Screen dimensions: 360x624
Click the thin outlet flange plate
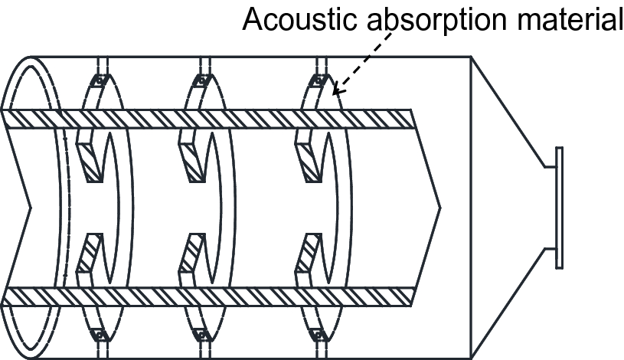point(560,207)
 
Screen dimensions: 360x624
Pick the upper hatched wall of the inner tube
point(207,119)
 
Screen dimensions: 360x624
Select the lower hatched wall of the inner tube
point(207,296)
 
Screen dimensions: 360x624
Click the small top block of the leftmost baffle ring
point(97,80)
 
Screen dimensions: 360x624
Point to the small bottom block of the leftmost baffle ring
point(97,335)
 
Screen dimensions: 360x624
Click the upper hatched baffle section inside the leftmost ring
point(90,157)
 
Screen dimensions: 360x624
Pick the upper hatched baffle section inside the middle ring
point(191,157)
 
